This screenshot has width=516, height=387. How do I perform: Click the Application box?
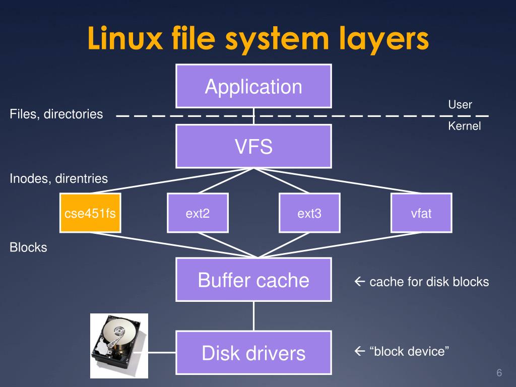pos(253,86)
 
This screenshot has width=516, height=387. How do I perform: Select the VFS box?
pos(253,147)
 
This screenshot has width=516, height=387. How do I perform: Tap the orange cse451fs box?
pos(90,213)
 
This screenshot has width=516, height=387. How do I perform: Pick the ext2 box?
pos(198,213)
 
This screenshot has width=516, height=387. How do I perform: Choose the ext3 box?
pos(309,213)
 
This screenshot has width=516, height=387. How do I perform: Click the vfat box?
pos(421,213)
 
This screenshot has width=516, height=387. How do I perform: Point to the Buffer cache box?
pos(253,280)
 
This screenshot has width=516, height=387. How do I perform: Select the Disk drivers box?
pos(253,353)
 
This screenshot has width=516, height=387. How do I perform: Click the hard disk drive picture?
pos(119,346)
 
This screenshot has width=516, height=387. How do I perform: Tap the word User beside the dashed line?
pos(460,105)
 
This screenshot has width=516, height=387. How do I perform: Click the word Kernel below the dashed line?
pos(464,126)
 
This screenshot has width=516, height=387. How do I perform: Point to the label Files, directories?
pos(56,114)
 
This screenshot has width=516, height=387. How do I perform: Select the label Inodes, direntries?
pos(58,178)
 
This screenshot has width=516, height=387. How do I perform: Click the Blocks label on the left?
pos(28,247)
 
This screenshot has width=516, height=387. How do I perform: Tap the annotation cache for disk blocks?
pos(422,282)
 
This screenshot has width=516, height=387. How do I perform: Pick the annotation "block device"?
pos(402,351)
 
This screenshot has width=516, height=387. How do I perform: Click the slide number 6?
pos(499,373)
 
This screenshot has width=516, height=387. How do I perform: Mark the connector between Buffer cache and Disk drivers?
pos(253,316)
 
